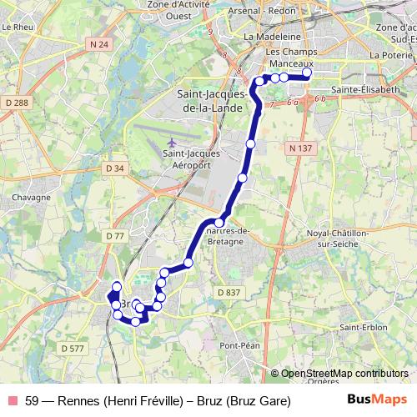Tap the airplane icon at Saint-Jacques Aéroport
point(173,142)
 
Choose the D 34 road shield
point(115,168)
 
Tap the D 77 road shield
point(115,236)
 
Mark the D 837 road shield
point(228,292)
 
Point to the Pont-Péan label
point(241,345)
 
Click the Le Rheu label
point(17,27)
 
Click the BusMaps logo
point(376,400)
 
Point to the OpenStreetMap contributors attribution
point(344,373)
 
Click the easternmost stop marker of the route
point(307,73)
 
